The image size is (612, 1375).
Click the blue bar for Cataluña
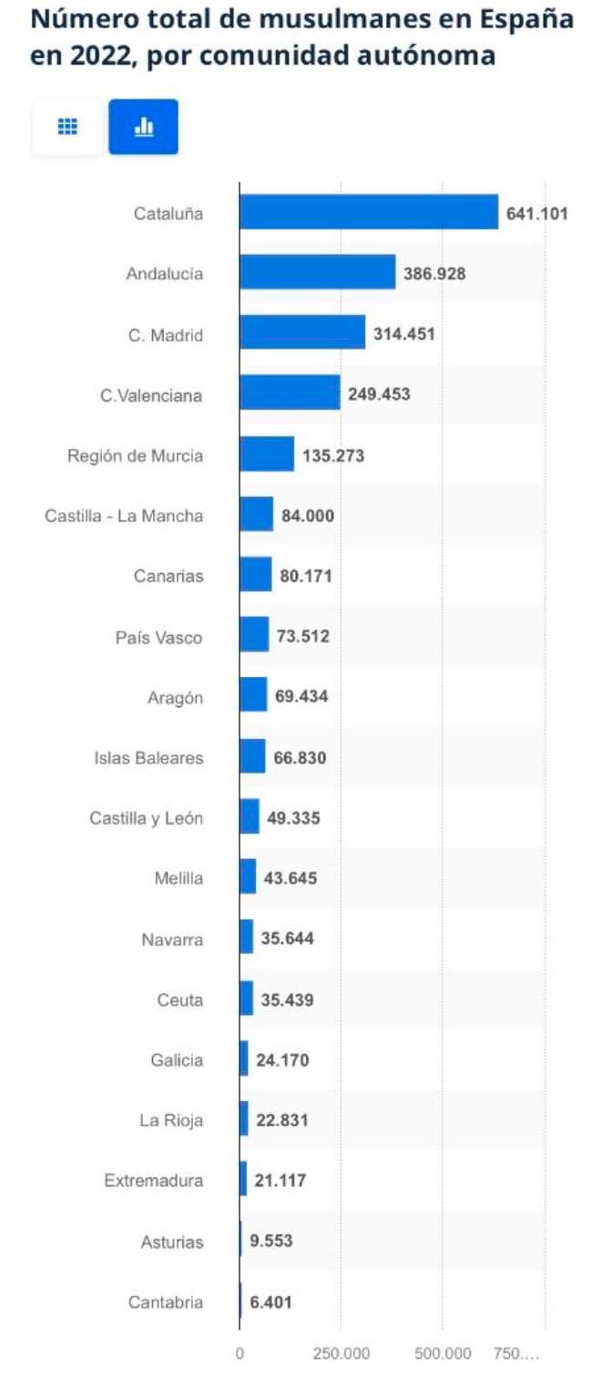point(369,212)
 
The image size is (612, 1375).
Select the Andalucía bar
point(318,272)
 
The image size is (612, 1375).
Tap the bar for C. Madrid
point(302,333)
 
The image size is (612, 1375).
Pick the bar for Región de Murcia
point(267,454)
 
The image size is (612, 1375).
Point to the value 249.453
point(379,395)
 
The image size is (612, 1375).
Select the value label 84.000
point(308,516)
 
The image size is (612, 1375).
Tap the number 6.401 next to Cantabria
point(271,1302)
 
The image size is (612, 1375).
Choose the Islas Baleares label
point(148,757)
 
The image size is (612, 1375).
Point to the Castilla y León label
point(146,818)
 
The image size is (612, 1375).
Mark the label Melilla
point(178,878)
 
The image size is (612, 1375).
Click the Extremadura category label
point(153,1181)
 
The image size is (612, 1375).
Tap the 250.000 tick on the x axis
point(341,1353)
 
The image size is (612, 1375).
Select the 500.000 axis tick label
point(443,1353)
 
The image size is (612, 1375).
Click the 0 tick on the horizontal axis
point(240,1353)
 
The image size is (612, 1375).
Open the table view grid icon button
point(67,126)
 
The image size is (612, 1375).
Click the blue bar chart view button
point(143,126)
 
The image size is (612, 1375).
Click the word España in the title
point(528,19)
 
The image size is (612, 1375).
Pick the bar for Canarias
point(256,575)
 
